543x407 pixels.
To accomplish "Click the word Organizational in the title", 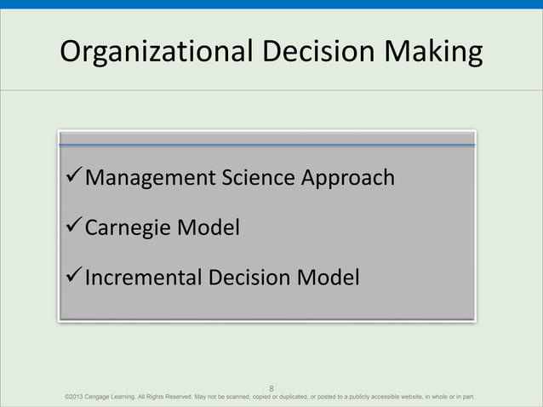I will click(152, 53).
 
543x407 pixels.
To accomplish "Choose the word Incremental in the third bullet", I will click(146, 278).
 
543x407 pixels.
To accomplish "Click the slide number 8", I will click(271, 385).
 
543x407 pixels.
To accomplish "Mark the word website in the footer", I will click(408, 397).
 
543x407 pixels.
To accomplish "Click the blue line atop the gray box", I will click(266, 145).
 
